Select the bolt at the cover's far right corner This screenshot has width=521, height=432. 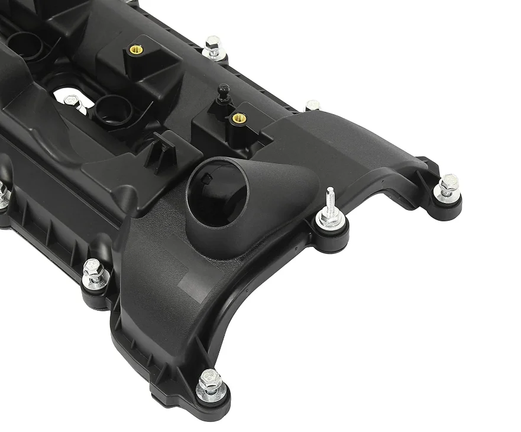(448, 185)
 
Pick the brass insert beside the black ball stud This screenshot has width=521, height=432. (240, 117)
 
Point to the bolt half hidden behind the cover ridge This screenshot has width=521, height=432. (313, 105)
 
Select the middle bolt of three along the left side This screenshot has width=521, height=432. (94, 273)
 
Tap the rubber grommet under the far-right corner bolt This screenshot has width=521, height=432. (448, 204)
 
